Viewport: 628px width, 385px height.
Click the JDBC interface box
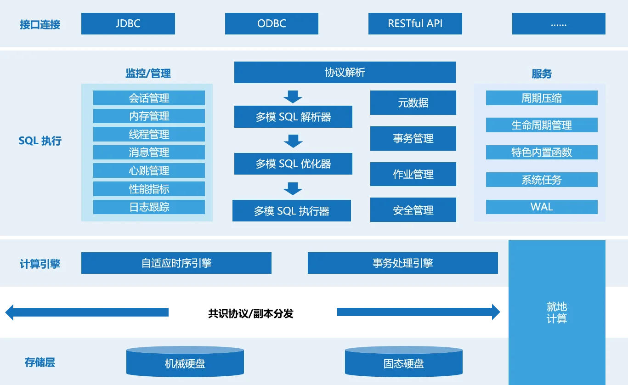[128, 23]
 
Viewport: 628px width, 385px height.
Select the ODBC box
[272, 23]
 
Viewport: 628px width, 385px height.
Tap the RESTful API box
[415, 23]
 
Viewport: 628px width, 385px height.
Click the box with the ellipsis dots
[559, 23]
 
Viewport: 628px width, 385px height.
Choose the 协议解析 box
[345, 73]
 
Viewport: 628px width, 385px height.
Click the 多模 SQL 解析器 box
[293, 117]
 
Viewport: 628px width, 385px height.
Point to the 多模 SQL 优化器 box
[293, 164]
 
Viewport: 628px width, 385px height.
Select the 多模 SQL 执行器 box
[291, 211]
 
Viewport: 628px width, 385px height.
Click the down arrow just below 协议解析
[293, 96]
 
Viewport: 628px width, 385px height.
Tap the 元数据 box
[413, 102]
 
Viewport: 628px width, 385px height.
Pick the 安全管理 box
[413, 210]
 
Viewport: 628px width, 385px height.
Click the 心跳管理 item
[149, 170]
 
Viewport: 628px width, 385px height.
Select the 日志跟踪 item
[149, 207]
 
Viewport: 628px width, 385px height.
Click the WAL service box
[542, 207]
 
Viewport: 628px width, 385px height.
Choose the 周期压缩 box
[542, 98]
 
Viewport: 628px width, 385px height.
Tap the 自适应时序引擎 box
[176, 263]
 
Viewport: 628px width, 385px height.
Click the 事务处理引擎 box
[402, 263]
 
